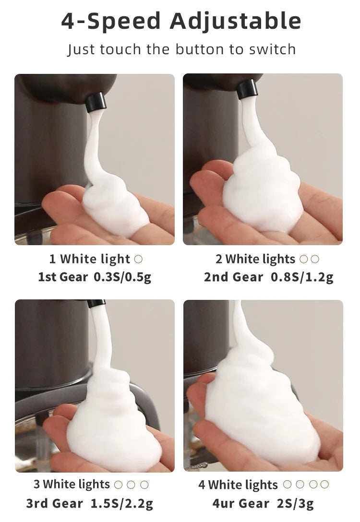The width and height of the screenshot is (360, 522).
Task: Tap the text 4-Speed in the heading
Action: point(111,21)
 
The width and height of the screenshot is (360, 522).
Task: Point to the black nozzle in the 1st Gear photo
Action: point(96,102)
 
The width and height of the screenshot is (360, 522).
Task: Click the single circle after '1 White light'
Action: point(138,259)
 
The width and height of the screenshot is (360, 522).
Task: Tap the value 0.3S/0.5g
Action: point(122,277)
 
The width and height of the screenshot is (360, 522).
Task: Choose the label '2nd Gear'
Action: point(233,277)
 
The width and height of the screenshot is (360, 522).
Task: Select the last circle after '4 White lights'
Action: point(325,485)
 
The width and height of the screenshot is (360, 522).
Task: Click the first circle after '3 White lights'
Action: point(118,485)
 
